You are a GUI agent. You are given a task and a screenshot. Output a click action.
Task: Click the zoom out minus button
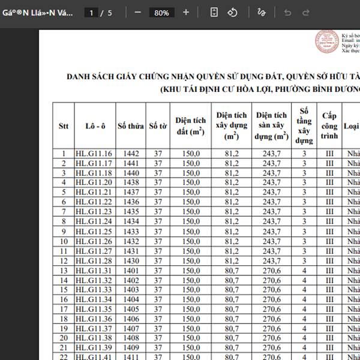click(x=138, y=12)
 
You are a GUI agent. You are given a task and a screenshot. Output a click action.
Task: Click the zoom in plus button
click(x=186, y=12)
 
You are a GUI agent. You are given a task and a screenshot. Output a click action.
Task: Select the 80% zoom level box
click(x=161, y=13)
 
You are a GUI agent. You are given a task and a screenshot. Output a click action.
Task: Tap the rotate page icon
click(x=233, y=12)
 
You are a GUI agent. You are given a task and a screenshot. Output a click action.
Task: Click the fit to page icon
click(x=215, y=12)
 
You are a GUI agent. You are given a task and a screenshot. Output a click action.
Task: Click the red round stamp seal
click(x=328, y=42)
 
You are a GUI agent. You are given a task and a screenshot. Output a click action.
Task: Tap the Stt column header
click(x=64, y=126)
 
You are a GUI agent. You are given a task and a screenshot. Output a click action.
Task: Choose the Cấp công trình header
click(x=329, y=125)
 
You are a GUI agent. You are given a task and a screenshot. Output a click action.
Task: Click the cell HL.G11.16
click(x=94, y=154)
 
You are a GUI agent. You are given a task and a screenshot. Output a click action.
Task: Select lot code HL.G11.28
click(x=94, y=261)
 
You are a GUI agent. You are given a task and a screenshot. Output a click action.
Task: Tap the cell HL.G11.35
click(x=94, y=309)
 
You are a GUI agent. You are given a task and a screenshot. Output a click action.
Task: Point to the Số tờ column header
click(x=158, y=126)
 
